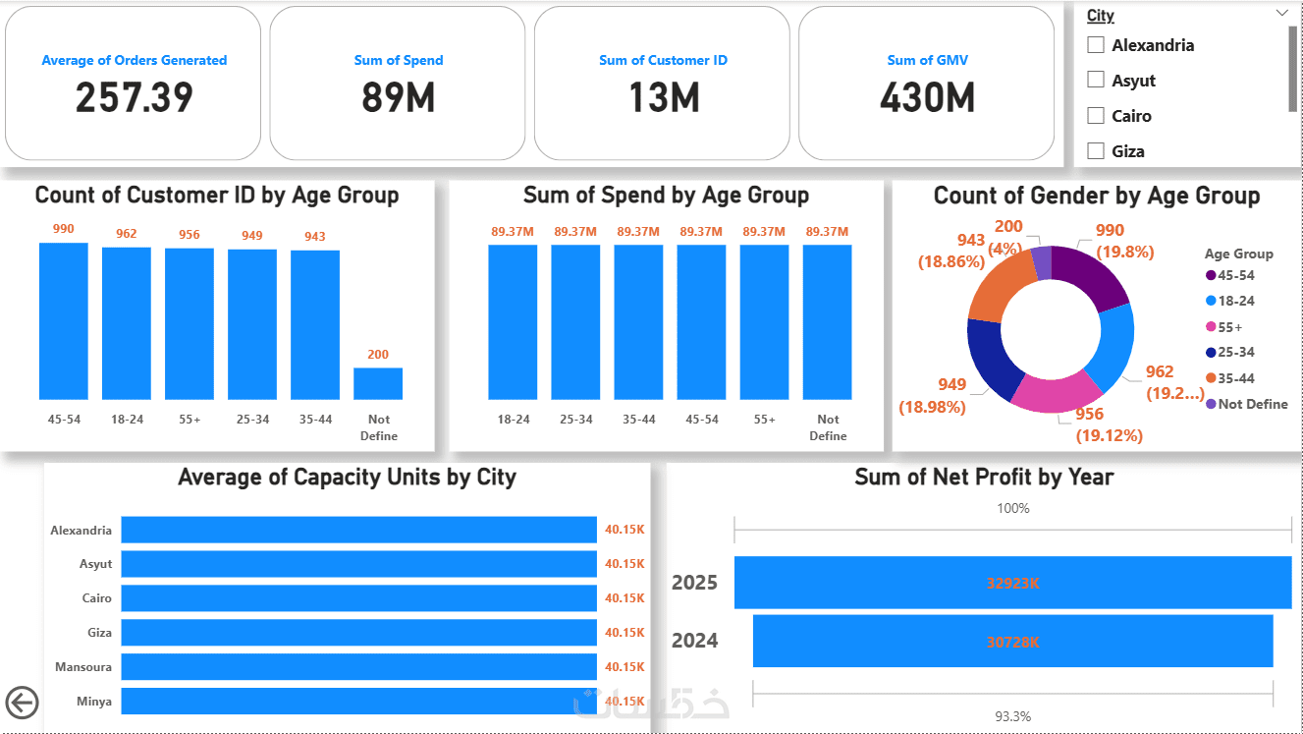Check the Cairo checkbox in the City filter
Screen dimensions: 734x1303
[x=1096, y=116]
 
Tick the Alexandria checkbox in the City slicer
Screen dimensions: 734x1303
[x=1096, y=45]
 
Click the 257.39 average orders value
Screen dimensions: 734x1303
[x=134, y=97]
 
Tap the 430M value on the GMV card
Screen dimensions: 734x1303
[x=927, y=97]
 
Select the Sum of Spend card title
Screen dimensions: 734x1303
[x=398, y=60]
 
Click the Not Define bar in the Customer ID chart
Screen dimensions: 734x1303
[x=378, y=383]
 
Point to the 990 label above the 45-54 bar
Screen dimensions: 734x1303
[x=64, y=229]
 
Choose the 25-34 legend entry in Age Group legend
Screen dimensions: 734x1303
[x=1235, y=352]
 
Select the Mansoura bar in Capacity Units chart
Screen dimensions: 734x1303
[x=358, y=666]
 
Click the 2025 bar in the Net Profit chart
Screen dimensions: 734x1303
[x=1012, y=583]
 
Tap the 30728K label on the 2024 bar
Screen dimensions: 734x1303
[x=1012, y=641]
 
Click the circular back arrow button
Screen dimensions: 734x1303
[x=22, y=703]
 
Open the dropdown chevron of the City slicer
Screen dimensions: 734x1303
[x=1280, y=13]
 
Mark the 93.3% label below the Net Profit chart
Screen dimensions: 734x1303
[x=1013, y=716]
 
